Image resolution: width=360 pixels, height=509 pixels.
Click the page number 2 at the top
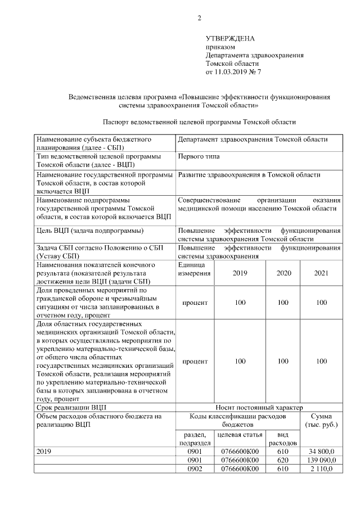(x=199, y=19)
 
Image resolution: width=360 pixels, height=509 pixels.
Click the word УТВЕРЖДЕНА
(x=230, y=38)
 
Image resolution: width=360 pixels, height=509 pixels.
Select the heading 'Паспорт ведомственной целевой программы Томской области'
(x=199, y=121)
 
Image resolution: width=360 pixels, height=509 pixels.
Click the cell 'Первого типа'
(x=199, y=156)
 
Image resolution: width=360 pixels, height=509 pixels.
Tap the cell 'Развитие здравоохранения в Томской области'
(x=249, y=175)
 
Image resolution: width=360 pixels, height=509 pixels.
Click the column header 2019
(x=240, y=273)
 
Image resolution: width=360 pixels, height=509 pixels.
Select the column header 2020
(x=283, y=273)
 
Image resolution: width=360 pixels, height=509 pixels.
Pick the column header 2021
(x=321, y=273)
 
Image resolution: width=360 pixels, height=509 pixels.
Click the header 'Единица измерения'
(x=195, y=269)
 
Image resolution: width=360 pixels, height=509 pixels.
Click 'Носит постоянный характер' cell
(x=259, y=407)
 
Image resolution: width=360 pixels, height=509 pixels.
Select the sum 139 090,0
(x=320, y=460)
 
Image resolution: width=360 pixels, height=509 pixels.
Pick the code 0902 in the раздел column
(x=194, y=469)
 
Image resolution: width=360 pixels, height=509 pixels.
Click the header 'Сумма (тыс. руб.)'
(x=321, y=420)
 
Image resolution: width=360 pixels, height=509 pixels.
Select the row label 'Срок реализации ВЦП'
(x=71, y=407)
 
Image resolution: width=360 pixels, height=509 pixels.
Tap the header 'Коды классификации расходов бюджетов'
(x=238, y=420)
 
